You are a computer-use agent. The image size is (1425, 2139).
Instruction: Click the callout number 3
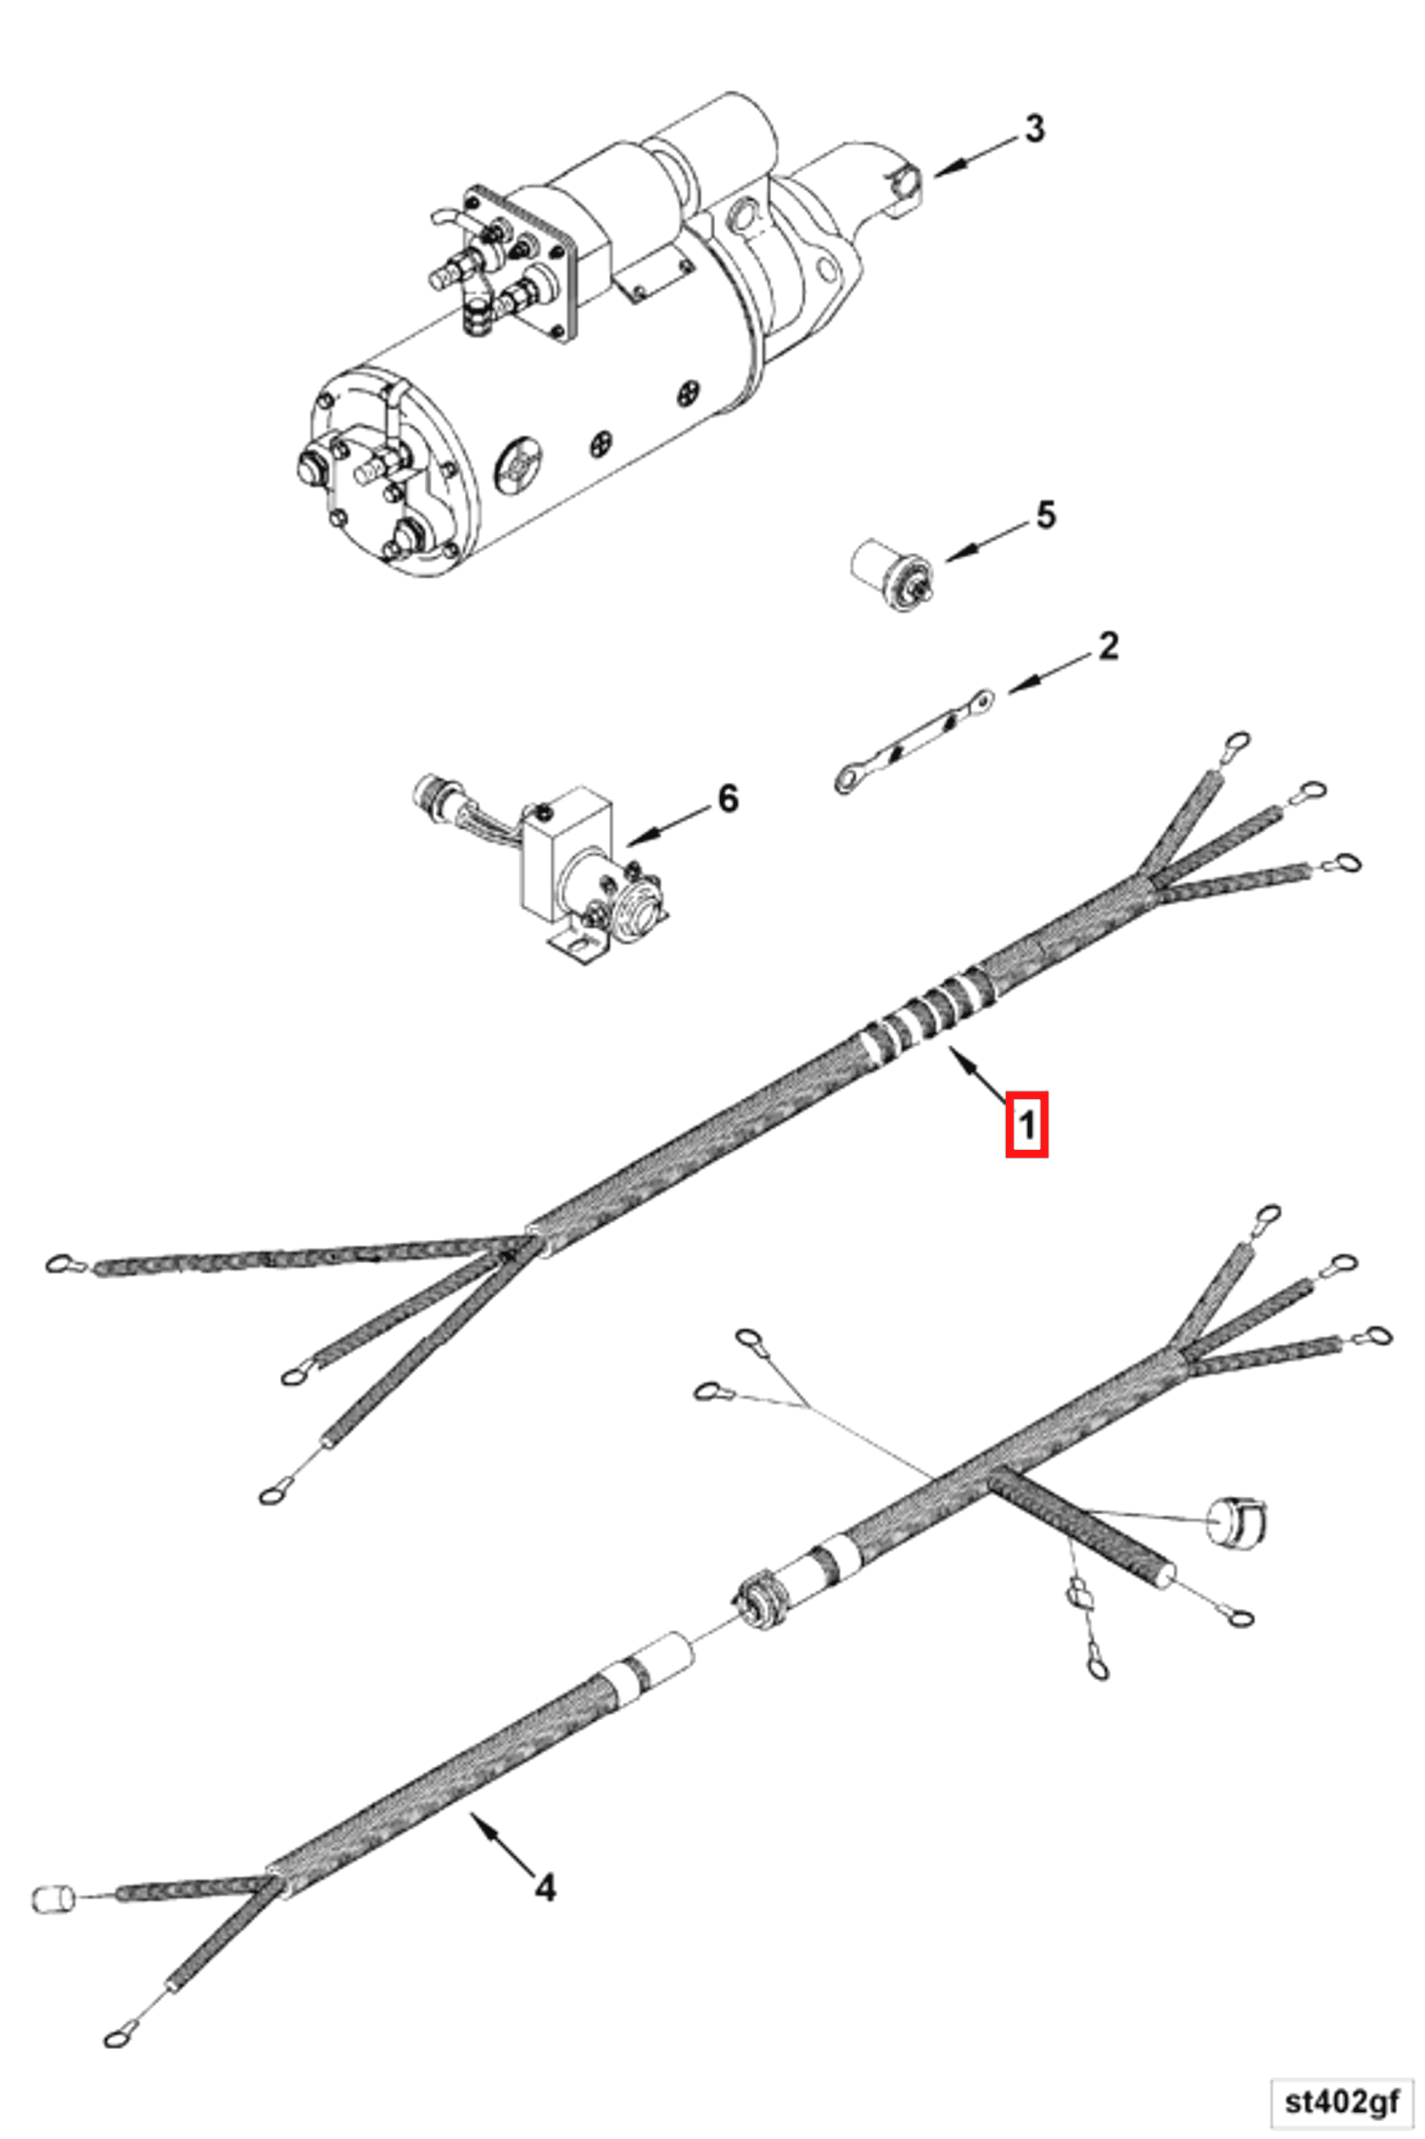1034,129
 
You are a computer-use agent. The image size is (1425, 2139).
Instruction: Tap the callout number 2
1108,646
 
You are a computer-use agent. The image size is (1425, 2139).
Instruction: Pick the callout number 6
728,799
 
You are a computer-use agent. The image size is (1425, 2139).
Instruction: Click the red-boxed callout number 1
1027,1125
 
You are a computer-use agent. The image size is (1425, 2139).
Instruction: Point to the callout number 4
545,1889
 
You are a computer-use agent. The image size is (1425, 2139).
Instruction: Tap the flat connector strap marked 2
913,741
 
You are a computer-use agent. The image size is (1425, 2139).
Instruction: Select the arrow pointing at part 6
668,823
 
